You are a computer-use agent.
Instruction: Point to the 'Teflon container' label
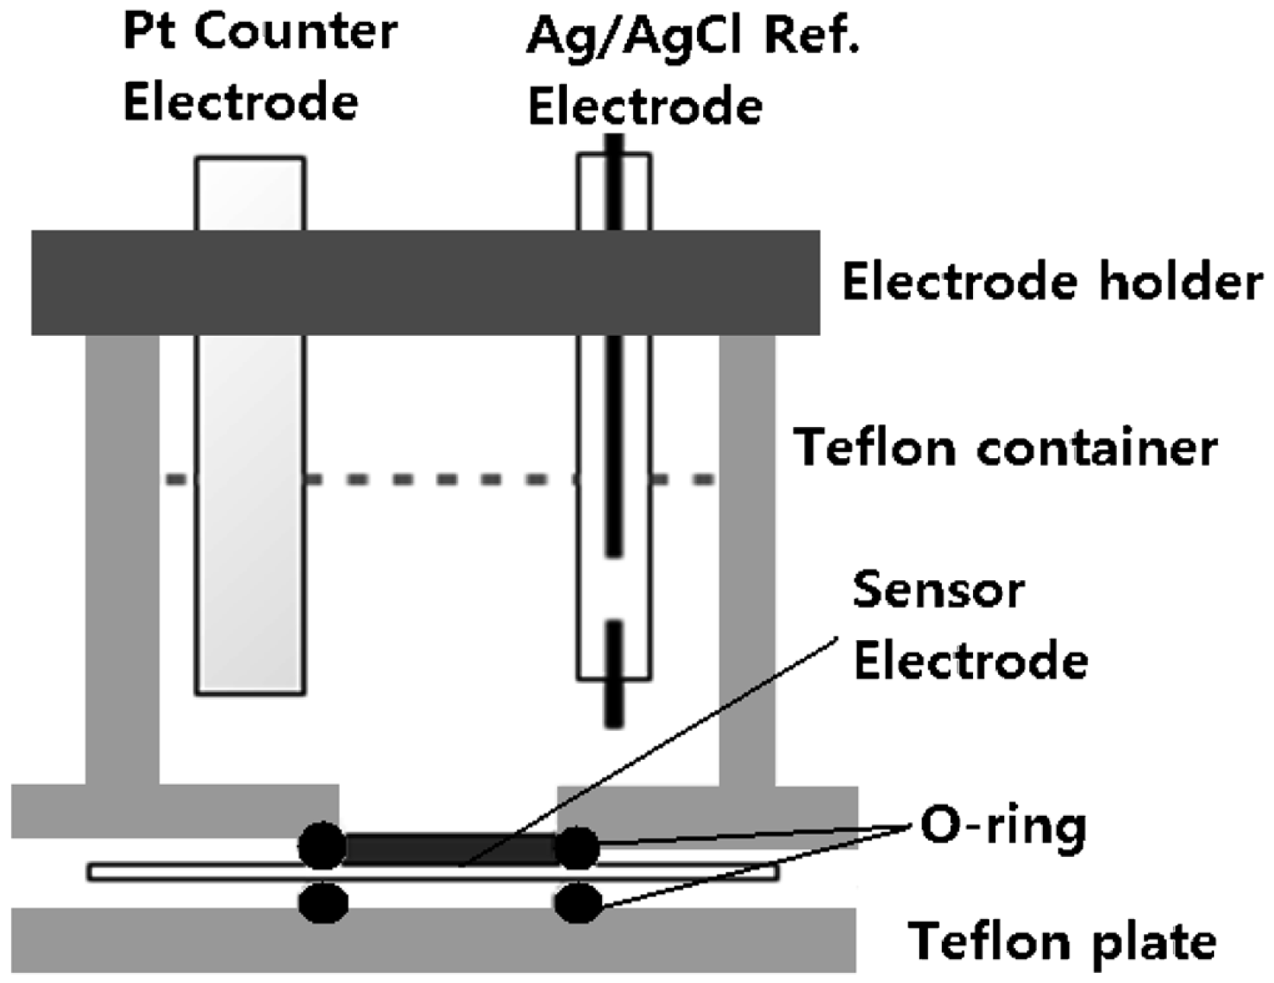pos(1005,448)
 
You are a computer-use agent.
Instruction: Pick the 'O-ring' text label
pos(1003,826)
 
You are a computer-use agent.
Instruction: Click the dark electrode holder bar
pos(425,282)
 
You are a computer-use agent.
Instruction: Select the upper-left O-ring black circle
pos(322,845)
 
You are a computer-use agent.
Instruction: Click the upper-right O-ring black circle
pos(577,847)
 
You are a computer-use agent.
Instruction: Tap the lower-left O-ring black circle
pos(323,902)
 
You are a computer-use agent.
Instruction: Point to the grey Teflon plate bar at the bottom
pos(433,939)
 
